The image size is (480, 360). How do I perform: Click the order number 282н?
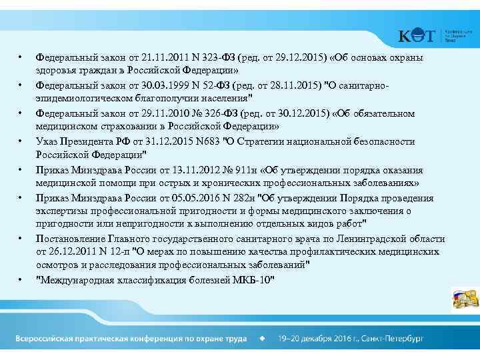[x=236, y=198]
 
